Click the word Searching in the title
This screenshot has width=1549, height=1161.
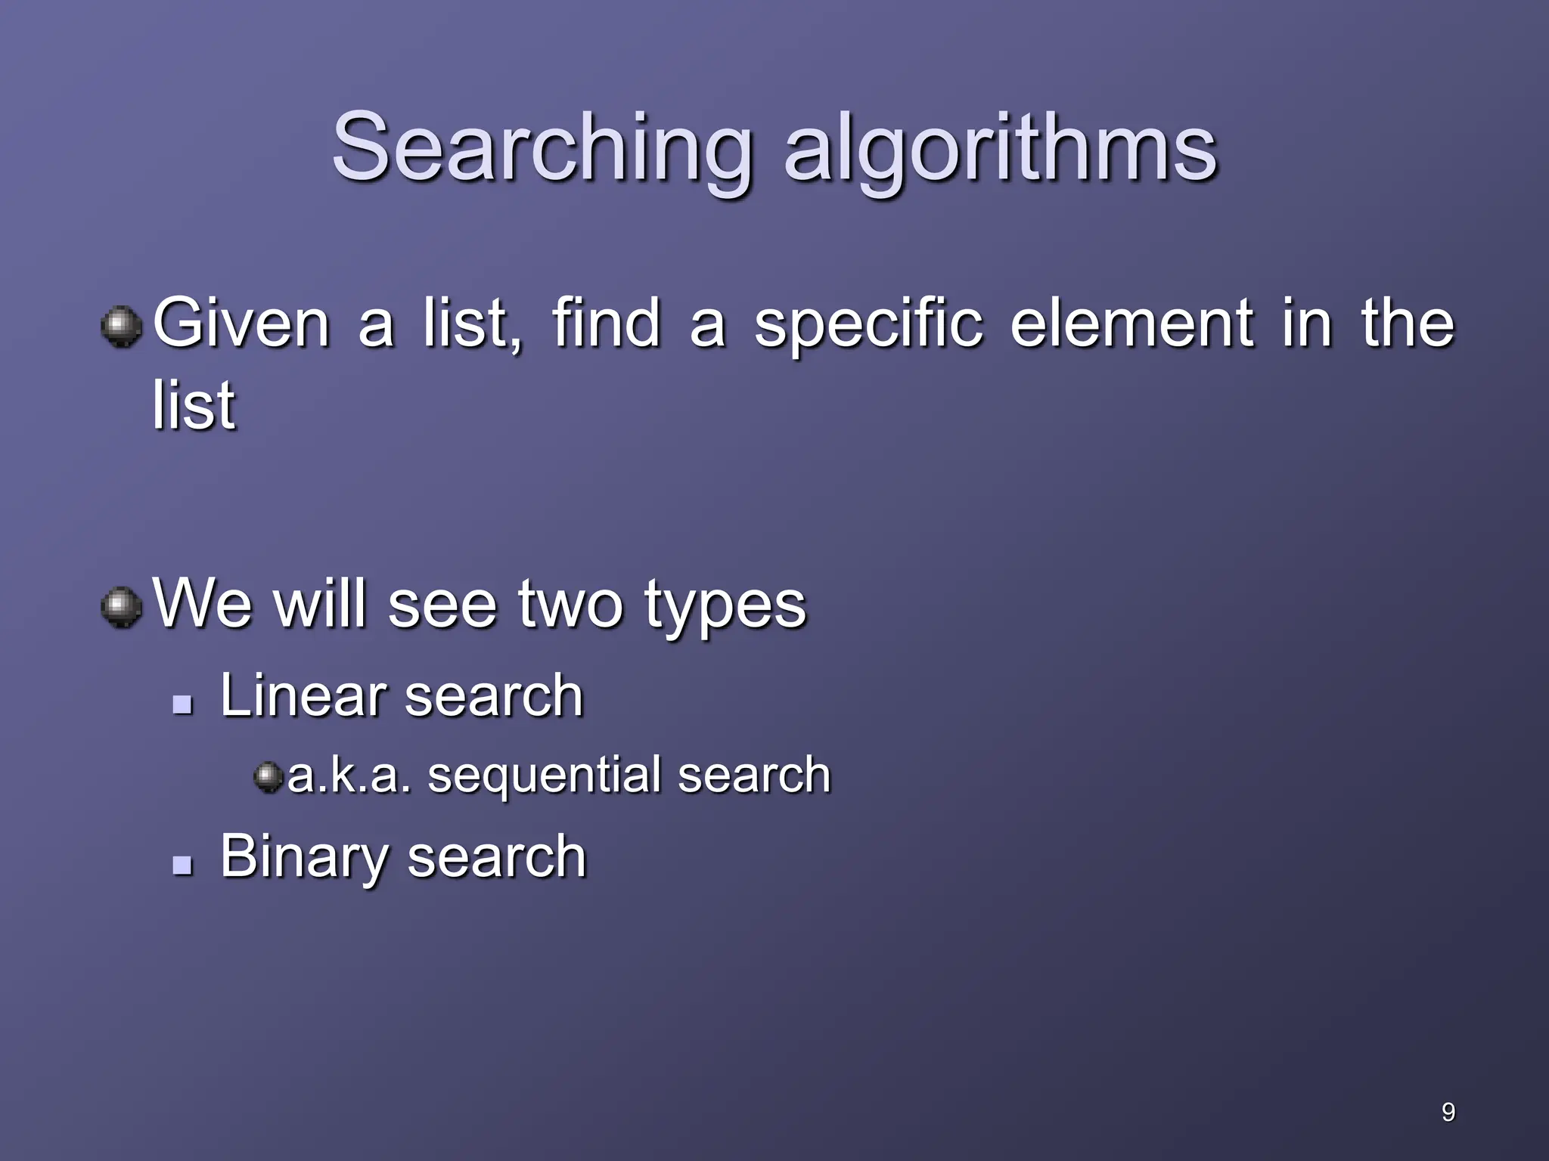(x=542, y=147)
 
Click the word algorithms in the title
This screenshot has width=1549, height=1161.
(x=1000, y=147)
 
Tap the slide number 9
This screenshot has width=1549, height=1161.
(x=1448, y=1112)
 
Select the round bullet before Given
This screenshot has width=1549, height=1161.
(x=122, y=327)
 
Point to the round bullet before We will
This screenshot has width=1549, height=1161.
(x=122, y=608)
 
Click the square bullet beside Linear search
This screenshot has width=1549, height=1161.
(x=182, y=704)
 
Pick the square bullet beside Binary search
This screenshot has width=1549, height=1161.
(x=182, y=865)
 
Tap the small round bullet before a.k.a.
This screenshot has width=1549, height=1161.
(x=268, y=777)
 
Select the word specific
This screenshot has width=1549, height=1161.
(x=868, y=325)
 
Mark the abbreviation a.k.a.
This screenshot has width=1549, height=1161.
(x=349, y=776)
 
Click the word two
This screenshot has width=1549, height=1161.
(x=570, y=605)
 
